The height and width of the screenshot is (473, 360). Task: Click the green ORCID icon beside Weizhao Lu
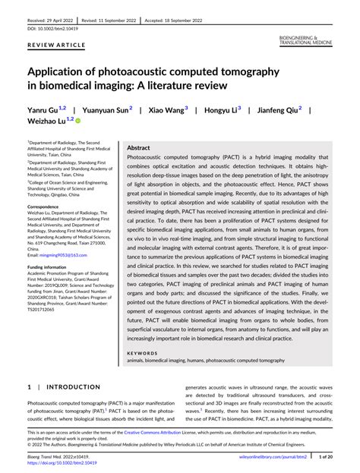pyautogui.click(x=78, y=121)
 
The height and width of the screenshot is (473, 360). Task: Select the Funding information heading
pyautogui.click(x=51, y=267)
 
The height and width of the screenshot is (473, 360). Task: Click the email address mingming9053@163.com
pyautogui.click(x=65, y=256)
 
